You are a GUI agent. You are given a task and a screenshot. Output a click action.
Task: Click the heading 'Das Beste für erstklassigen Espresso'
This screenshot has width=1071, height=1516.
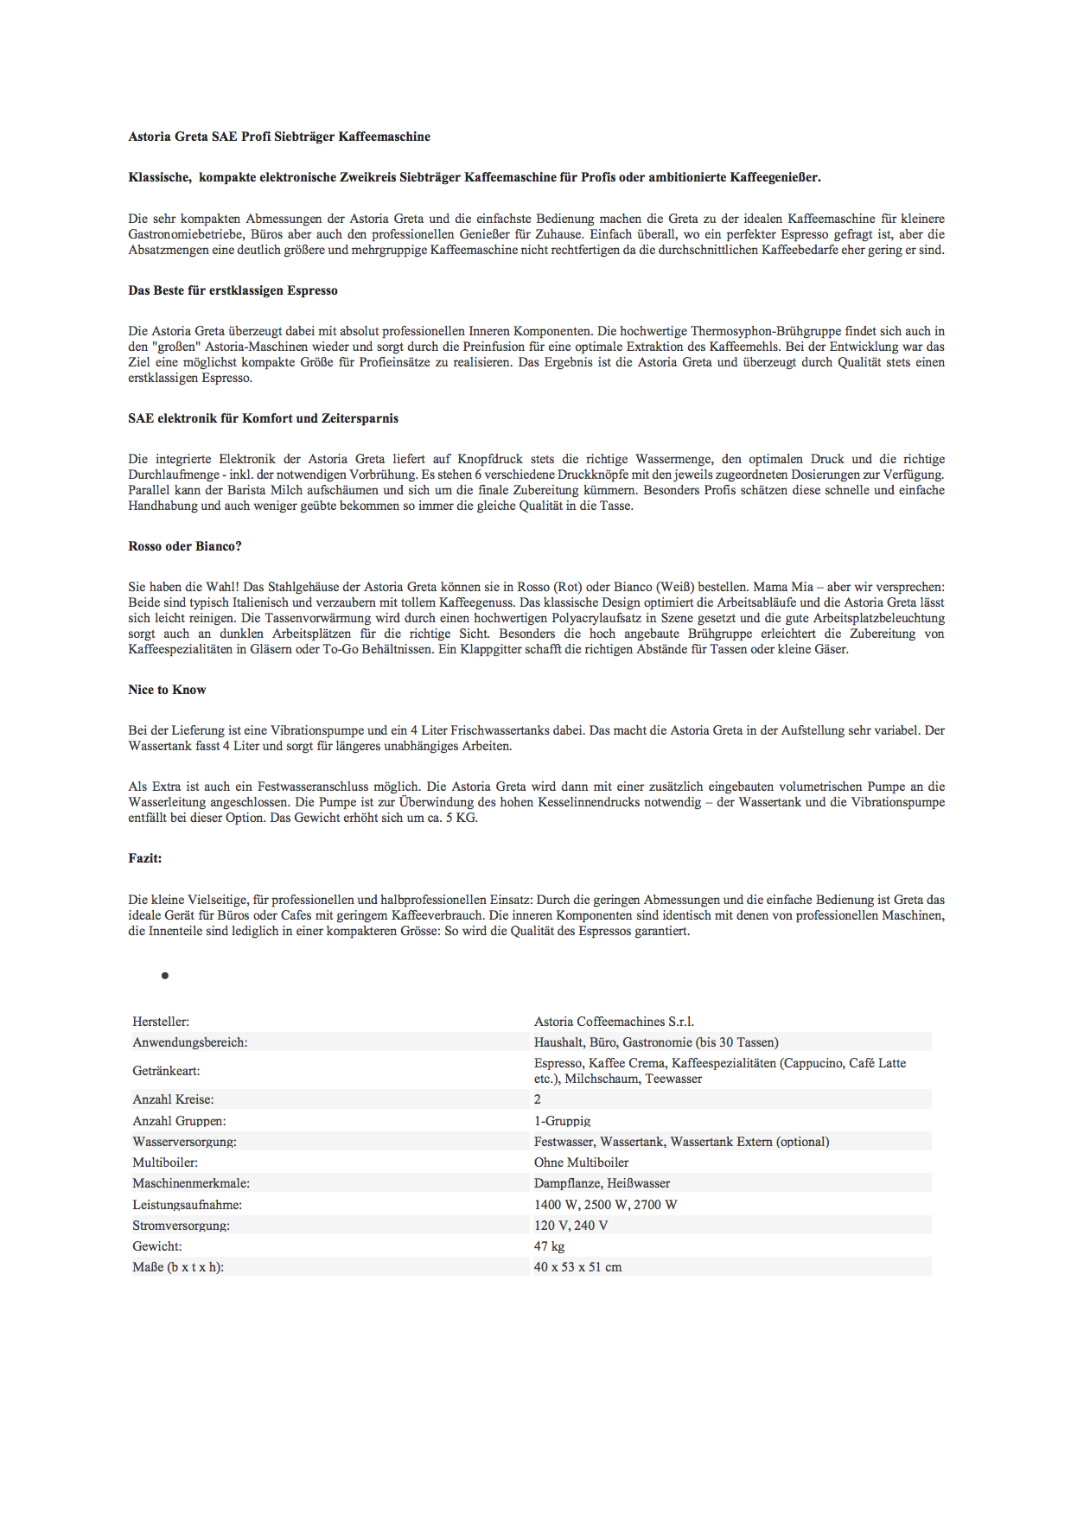point(233,290)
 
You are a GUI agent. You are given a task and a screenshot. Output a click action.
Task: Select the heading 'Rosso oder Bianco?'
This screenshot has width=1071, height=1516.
point(185,546)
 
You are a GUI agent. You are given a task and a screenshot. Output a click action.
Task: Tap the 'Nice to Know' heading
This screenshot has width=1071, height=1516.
point(167,690)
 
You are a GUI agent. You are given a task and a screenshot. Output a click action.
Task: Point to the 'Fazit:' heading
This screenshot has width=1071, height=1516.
point(145,858)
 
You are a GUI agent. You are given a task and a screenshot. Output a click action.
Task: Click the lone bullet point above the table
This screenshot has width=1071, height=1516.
point(164,976)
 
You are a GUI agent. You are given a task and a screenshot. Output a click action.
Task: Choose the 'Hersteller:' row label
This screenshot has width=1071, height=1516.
point(161,1022)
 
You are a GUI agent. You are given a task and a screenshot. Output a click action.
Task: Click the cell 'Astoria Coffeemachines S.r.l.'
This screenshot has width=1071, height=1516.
point(614,1022)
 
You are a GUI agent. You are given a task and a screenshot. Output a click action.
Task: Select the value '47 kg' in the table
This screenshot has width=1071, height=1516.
point(549,1246)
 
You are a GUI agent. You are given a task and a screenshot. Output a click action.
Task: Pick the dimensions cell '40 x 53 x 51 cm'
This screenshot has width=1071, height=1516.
point(577,1267)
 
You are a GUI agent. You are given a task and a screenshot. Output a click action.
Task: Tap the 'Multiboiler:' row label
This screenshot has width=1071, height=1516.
point(165,1162)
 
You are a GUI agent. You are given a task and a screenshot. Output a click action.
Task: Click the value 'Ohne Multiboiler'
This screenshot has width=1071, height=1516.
point(581,1162)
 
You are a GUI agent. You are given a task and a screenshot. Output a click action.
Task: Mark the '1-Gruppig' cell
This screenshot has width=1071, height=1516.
point(562,1121)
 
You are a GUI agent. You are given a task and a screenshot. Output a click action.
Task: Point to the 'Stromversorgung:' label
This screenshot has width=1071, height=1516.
point(181,1226)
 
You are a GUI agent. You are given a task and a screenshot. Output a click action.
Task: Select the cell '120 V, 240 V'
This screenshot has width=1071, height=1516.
point(571,1226)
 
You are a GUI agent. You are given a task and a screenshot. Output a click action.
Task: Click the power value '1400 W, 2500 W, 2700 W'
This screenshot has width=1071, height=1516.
point(605,1205)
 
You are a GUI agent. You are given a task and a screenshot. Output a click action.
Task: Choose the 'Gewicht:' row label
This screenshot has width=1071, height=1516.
point(156,1246)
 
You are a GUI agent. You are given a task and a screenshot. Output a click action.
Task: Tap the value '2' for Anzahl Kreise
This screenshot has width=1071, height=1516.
point(538,1099)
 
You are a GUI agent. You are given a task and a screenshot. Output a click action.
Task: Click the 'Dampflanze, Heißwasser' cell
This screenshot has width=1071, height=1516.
point(602,1183)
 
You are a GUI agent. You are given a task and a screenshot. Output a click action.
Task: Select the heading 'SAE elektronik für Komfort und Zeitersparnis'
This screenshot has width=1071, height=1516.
point(263,418)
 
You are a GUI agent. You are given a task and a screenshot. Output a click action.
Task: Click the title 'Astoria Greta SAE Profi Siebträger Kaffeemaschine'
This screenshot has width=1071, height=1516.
point(279,137)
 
